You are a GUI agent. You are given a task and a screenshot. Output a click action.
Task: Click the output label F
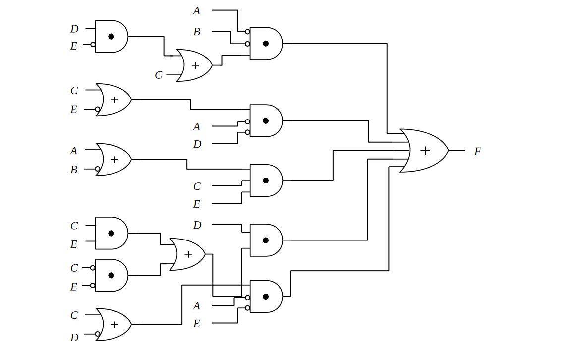(477, 152)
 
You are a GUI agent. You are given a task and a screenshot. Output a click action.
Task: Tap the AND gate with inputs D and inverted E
(111, 37)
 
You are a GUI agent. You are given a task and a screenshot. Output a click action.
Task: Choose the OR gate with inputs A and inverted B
(113, 159)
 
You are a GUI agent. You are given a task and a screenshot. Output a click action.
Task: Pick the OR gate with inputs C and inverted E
(113, 100)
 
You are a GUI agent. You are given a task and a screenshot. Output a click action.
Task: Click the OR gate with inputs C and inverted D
(113, 324)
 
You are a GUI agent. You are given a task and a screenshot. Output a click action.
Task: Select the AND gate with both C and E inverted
(111, 276)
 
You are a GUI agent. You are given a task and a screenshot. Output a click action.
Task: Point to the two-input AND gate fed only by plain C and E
(111, 233)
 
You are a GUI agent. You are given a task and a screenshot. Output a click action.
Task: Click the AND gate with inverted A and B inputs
(266, 44)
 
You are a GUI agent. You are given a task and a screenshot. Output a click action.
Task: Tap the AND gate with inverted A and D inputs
(266, 120)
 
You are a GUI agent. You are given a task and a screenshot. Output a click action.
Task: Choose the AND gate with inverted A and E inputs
(266, 297)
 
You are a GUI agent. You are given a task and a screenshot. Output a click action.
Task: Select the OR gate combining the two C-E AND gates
(187, 254)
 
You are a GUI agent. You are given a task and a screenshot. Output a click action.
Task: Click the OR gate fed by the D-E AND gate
(195, 65)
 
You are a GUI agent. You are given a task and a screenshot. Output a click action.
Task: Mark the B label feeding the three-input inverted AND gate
(197, 32)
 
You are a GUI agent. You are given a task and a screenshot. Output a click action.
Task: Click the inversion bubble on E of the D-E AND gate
(93, 45)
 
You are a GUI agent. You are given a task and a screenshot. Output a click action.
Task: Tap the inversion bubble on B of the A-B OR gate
(98, 169)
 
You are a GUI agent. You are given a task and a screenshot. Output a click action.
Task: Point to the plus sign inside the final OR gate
(425, 151)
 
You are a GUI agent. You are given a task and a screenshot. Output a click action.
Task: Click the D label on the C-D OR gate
(74, 338)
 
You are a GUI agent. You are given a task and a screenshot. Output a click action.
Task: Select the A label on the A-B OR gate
(74, 151)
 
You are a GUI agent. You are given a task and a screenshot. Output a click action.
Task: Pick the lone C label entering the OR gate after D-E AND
(159, 75)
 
